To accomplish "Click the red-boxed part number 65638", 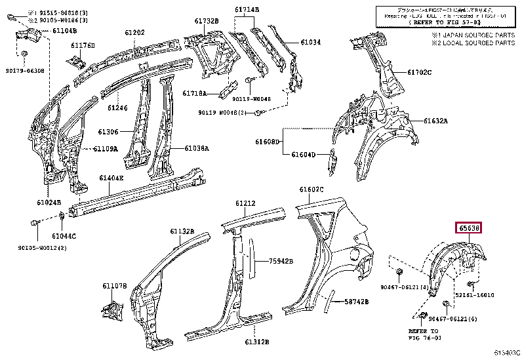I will point(470,228).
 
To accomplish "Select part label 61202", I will point(134,33).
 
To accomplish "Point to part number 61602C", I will point(311,190).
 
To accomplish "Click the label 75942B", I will point(281,261).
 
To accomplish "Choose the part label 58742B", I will point(357,302).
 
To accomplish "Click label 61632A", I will point(435,121).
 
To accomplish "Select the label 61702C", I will point(419,72).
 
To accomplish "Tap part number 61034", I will point(311,43).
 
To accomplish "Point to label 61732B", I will point(205,22).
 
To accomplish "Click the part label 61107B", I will point(114,286).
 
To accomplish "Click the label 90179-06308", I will point(26,70).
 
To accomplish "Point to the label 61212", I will point(246,203).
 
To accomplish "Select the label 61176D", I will point(83,45).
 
